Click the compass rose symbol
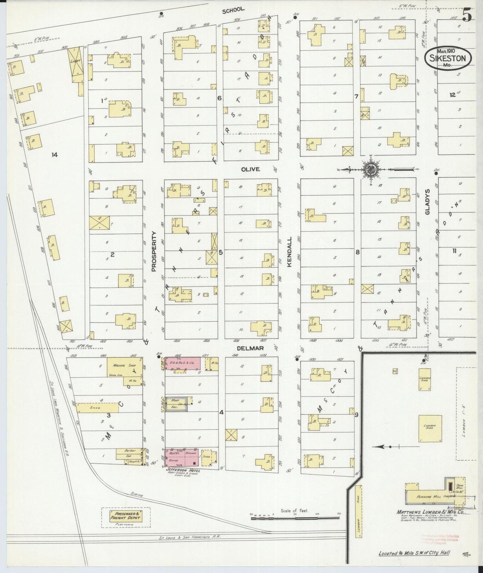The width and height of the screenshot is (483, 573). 370,169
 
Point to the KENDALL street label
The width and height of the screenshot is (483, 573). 289,252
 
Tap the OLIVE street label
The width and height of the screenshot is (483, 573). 251,169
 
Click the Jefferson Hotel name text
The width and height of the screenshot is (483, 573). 180,471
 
